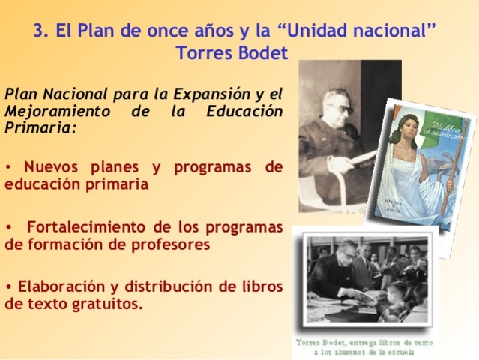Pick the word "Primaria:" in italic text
point(41,127)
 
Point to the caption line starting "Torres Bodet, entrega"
point(364,340)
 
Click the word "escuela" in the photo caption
point(407,351)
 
